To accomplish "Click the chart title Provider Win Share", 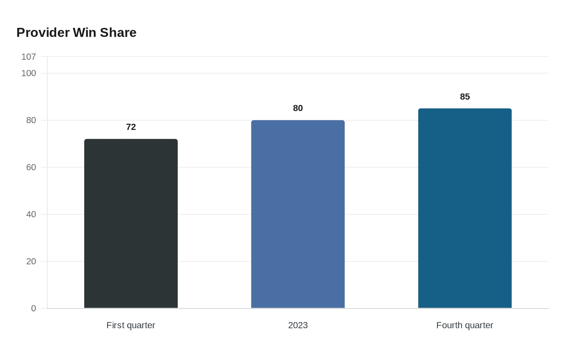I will coord(77,32).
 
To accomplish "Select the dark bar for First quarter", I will coord(131,223).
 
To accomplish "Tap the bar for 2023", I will coord(298,214).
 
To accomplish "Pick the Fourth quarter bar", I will coord(465,208).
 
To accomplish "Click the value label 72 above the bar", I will coord(131,127).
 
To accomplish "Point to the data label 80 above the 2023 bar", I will coord(298,108).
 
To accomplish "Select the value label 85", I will coord(465,97).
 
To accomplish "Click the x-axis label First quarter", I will coord(131,325).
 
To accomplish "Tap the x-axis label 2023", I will coord(298,325).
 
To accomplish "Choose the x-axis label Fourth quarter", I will coord(465,325).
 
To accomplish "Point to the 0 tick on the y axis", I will coord(34,308).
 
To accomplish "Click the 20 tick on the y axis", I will coord(31,261).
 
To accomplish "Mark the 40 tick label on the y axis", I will coord(31,214).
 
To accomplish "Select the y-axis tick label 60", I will coord(31,167).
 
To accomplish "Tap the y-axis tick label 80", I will coord(31,120).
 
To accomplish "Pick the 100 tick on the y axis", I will coord(29,73).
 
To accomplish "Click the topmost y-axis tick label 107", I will coord(29,57).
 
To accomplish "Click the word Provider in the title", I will coord(43,32).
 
